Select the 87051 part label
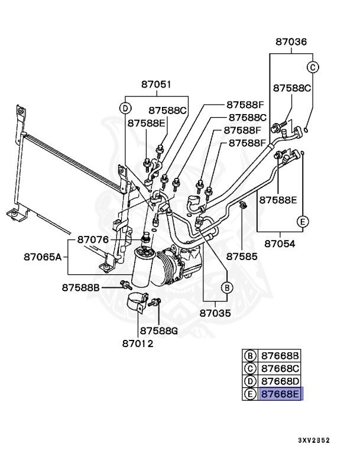(x=156, y=85)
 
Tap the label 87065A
(x=43, y=257)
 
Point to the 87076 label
(x=93, y=240)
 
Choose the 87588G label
(x=159, y=330)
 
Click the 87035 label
(x=216, y=313)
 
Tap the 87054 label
(x=280, y=243)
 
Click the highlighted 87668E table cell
(x=281, y=394)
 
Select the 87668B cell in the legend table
(x=281, y=355)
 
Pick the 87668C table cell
(x=281, y=368)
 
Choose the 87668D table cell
(x=281, y=381)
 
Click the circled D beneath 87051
(x=125, y=108)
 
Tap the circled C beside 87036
(x=313, y=67)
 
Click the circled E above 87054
(x=303, y=222)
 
